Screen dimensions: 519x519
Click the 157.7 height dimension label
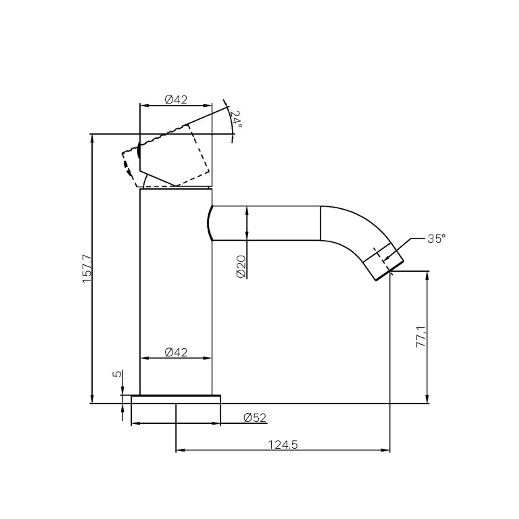point(87,268)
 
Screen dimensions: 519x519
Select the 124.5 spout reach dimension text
point(282,445)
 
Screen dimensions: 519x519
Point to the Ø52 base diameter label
point(255,418)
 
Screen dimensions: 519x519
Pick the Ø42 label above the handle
point(176,100)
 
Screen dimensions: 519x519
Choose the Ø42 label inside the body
point(176,352)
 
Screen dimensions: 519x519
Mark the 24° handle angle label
point(237,119)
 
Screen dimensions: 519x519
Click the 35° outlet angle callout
point(436,238)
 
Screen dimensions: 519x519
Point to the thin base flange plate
point(176,399)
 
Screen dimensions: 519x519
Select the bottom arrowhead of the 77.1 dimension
point(428,399)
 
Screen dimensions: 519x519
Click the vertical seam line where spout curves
point(321,223)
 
